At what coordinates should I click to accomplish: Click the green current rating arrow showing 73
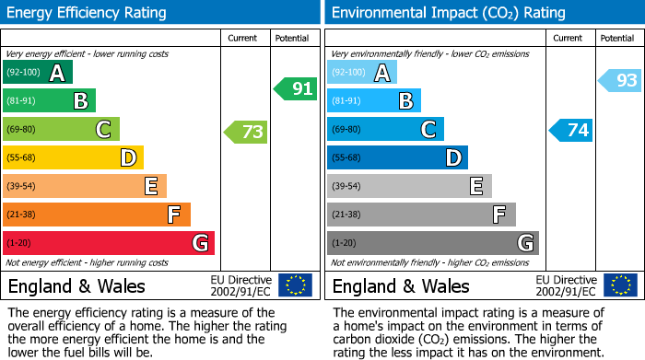tap(246, 132)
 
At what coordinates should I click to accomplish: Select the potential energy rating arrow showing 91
tap(296, 89)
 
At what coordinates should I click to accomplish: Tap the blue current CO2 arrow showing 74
tap(571, 131)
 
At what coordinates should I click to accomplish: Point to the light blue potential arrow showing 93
tap(620, 81)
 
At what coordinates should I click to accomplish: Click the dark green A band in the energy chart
tap(38, 73)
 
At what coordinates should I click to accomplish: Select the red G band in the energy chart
tap(109, 243)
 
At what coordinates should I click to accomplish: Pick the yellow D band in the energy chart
tap(73, 158)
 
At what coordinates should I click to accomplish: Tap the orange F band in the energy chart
tap(97, 215)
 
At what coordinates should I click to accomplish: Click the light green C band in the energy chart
tap(61, 130)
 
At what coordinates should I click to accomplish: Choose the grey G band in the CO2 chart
tap(432, 243)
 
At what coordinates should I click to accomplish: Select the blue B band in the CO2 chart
tap(373, 101)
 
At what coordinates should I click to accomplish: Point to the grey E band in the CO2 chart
tap(409, 186)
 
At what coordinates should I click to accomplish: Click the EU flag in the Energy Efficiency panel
tap(295, 285)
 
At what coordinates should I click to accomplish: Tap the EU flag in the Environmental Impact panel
tap(620, 285)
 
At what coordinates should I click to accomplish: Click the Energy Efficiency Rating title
tap(88, 13)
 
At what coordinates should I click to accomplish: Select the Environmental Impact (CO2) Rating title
tap(448, 13)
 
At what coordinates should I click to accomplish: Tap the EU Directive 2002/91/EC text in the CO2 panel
tap(566, 285)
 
